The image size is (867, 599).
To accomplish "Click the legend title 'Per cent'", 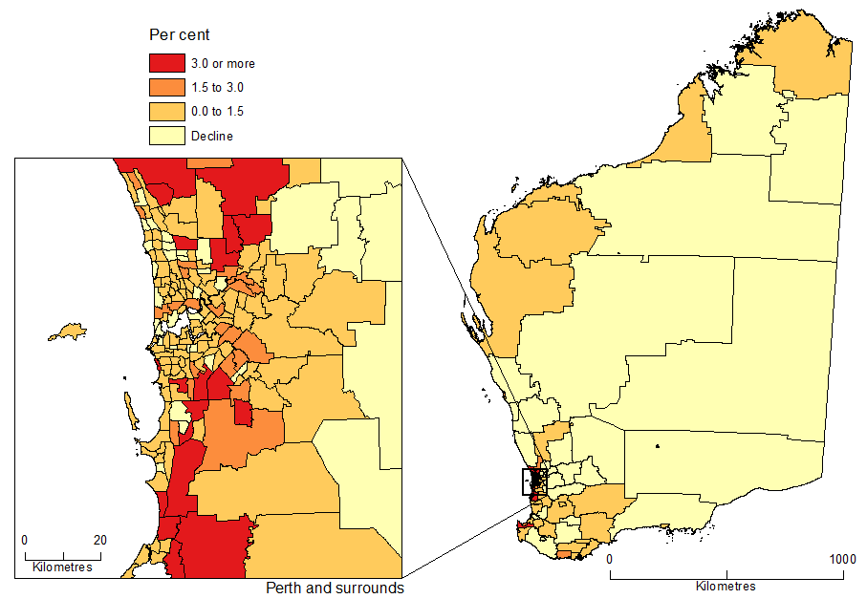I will [180, 35].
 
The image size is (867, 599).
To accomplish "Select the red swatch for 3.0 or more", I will [166, 63].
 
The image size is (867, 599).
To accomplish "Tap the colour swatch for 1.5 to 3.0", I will [166, 87].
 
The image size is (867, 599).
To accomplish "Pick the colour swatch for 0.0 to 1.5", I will [166, 111].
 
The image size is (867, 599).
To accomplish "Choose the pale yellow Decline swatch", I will [166, 135].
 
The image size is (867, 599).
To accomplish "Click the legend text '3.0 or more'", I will [223, 64].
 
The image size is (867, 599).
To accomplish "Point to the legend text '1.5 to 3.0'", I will [217, 88].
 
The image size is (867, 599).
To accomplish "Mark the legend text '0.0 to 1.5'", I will [217, 112].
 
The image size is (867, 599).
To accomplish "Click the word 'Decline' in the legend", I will [211, 136].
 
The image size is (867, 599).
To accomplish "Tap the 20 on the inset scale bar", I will [99, 540].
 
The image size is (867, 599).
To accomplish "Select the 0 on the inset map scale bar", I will [25, 540].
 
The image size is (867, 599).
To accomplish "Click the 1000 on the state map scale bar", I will [841, 559].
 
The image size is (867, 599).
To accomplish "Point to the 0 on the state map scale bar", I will [610, 559].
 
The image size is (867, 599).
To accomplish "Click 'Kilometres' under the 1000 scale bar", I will [726, 586].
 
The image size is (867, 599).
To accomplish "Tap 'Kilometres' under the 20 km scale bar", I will [62, 567].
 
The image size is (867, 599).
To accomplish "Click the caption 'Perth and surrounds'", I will [335, 588].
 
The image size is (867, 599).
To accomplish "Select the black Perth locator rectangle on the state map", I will [533, 481].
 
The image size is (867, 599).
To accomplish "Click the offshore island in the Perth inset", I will [68, 332].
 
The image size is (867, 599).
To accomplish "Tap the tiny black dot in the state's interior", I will [658, 446].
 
